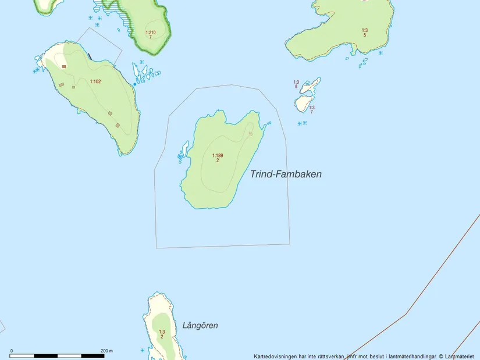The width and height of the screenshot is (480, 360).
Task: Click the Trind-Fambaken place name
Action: click(x=286, y=174)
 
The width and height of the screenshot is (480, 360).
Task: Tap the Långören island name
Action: click(x=200, y=325)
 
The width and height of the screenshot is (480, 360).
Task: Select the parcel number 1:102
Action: click(x=95, y=81)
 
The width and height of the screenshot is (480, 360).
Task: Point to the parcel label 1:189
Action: click(x=218, y=155)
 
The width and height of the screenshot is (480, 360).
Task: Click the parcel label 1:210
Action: click(x=150, y=33)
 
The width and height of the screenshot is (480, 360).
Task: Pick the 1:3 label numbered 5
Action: click(x=365, y=30)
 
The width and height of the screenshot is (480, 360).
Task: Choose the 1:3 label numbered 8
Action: click(x=296, y=83)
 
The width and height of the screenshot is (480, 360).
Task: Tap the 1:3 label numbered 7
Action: click(x=312, y=108)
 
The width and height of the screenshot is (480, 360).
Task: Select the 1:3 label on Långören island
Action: click(x=162, y=332)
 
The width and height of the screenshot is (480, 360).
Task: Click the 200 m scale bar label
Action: click(x=106, y=351)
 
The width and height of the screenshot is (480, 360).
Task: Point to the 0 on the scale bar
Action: click(x=12, y=351)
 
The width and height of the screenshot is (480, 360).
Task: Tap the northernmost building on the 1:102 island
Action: click(x=64, y=66)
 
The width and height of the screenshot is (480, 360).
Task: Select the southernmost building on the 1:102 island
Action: click(x=118, y=125)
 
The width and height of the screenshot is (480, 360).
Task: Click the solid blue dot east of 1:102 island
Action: click(x=135, y=84)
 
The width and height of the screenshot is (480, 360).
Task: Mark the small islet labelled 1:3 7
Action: click(x=303, y=104)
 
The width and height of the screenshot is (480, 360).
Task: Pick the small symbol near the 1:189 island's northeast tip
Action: click(x=251, y=134)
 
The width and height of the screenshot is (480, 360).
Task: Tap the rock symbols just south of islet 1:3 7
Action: click(x=301, y=123)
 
